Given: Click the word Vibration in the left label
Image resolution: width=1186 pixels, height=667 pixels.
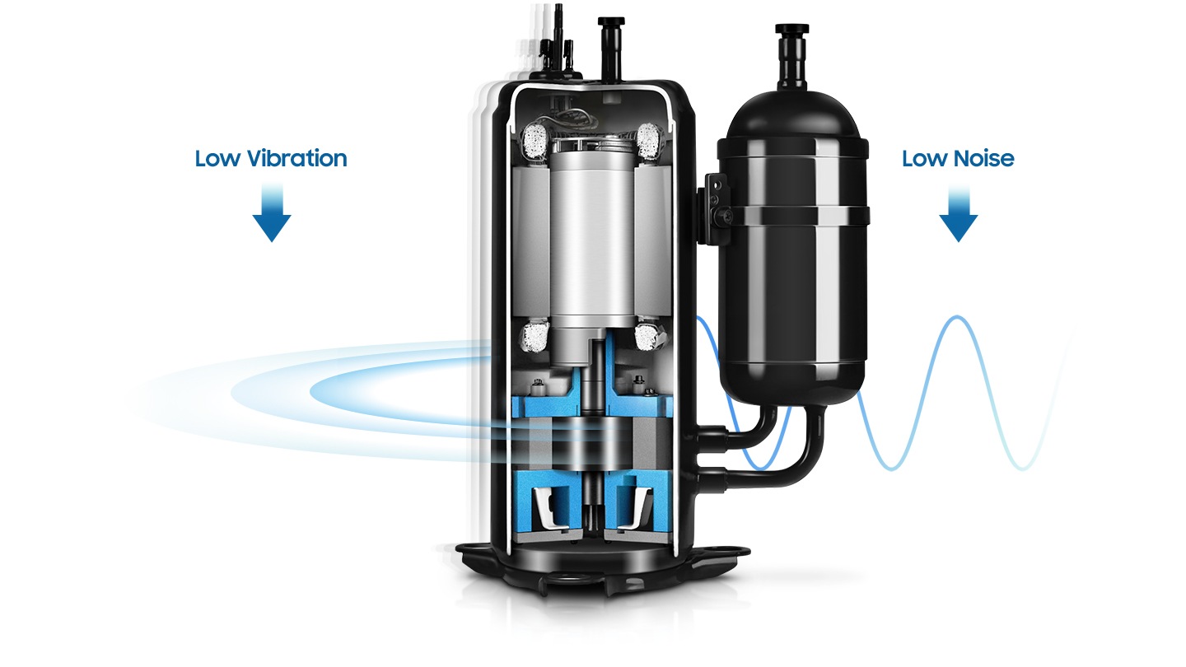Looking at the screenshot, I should tap(296, 158).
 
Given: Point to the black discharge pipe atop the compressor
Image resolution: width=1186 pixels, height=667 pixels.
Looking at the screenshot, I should tap(610, 49).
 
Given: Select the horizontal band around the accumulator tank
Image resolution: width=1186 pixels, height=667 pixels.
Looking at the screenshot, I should tap(792, 216).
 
